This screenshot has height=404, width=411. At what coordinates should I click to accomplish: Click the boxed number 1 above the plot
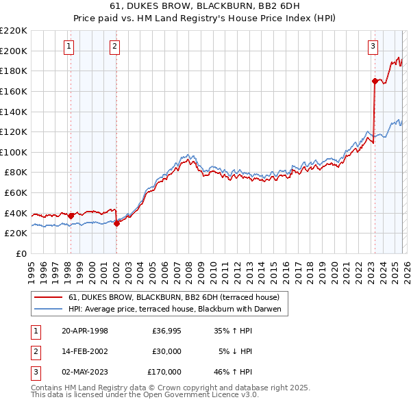click(70, 47)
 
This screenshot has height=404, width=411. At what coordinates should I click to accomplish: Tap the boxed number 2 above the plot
click(114, 47)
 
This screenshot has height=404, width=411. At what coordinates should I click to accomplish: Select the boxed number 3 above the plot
click(373, 47)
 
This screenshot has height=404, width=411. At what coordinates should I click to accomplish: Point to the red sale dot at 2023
click(375, 81)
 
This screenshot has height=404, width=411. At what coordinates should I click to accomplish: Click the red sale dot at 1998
click(71, 216)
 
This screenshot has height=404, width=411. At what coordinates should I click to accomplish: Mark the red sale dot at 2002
click(116, 223)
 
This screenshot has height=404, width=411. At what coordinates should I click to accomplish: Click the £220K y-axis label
click(14, 31)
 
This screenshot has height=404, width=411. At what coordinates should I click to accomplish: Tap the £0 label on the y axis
click(21, 253)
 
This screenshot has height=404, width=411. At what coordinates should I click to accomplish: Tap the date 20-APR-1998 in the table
click(85, 331)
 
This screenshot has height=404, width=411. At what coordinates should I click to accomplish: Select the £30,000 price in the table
click(166, 351)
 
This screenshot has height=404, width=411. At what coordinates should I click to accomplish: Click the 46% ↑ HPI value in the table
click(234, 372)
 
